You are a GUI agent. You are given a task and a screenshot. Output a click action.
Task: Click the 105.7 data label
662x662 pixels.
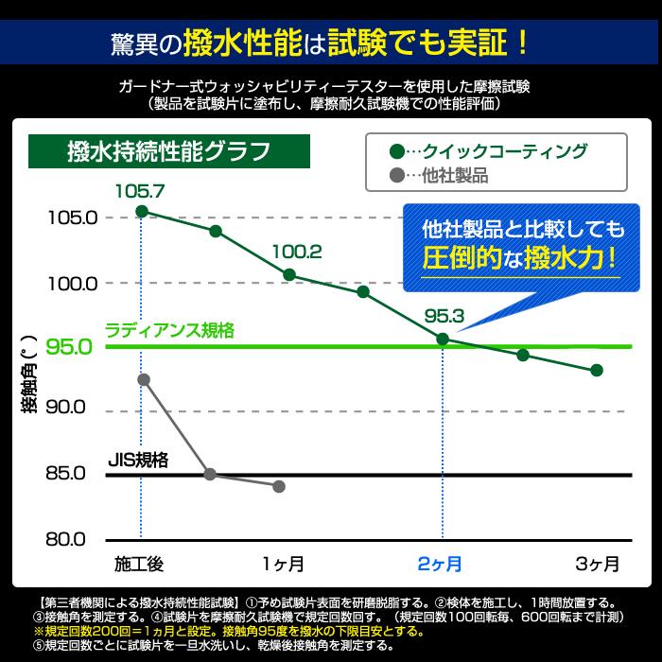[139, 190]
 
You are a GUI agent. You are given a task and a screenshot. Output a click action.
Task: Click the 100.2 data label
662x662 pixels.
[296, 253]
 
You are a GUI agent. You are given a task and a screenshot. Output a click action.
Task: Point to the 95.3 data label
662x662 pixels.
[444, 316]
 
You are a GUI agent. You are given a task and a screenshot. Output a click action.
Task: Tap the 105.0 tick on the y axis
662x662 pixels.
[72, 218]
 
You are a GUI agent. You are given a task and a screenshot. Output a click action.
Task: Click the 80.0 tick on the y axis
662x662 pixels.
[72, 540]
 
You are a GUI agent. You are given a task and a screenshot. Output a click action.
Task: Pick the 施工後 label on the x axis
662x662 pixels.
[139, 565]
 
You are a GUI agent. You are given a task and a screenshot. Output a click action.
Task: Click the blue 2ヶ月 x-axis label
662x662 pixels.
[440, 565]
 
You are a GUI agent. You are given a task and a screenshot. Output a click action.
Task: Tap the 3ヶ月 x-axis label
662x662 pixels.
[598, 565]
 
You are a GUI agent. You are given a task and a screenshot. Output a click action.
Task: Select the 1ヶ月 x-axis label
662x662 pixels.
[283, 565]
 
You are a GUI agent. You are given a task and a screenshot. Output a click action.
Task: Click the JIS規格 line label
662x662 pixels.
[138, 461]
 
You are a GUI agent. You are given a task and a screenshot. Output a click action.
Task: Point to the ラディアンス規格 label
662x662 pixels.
[170, 331]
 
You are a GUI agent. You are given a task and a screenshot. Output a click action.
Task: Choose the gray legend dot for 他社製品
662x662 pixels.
[396, 175]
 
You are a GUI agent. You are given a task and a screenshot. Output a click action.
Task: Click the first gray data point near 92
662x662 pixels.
[144, 379]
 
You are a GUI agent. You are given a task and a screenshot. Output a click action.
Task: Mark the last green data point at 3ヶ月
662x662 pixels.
[597, 370]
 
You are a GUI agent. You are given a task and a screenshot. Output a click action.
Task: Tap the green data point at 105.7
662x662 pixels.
[142, 211]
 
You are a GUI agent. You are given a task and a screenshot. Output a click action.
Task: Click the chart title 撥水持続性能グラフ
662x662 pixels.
[169, 151]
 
